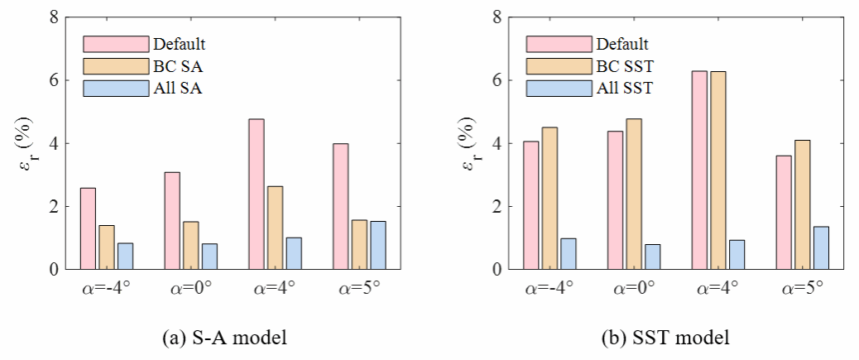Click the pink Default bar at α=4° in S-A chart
tap(257, 194)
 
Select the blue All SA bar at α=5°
tap(377, 245)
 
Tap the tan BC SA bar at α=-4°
tap(107, 247)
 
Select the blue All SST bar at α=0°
tap(652, 257)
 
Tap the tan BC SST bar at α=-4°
tap(549, 199)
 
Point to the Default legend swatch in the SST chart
tap(559, 43)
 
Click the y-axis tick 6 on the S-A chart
tap(54, 80)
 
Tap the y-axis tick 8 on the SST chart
tap(497, 17)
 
